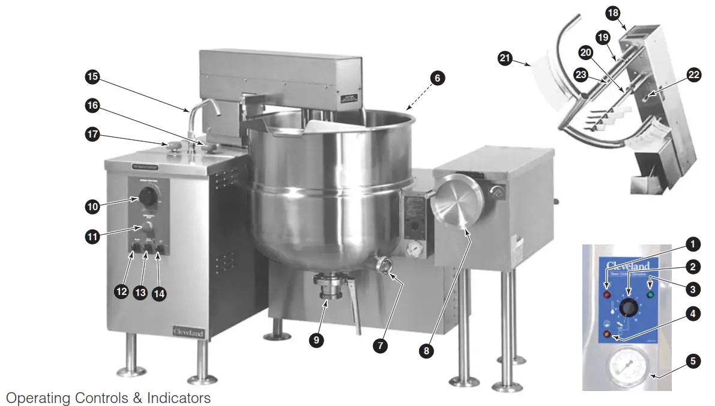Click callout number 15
coord(92,77)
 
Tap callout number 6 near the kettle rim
coord(438,77)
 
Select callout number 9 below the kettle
coord(317,340)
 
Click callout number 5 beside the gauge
coord(693,361)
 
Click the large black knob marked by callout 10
coord(146,195)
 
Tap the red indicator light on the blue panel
coord(606,296)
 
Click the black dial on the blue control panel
coord(628,308)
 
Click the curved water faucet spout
coord(204,108)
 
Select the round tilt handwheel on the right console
coord(456,202)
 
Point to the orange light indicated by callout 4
coord(606,334)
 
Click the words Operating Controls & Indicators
coord(108,398)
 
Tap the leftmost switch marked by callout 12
coord(136,248)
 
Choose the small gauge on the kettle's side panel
coord(414,249)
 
